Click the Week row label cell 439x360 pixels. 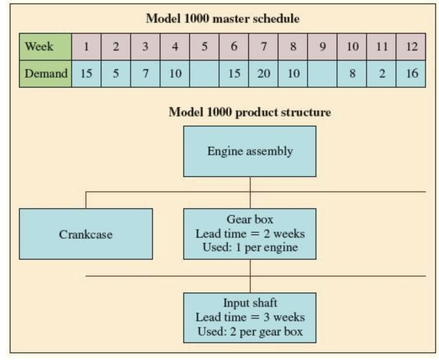tap(45, 46)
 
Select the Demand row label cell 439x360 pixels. tap(46, 73)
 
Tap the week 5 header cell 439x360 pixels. tap(204, 46)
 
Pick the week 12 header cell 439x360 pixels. tap(411, 46)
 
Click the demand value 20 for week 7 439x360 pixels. tap(263, 73)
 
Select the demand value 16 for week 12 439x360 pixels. tap(411, 73)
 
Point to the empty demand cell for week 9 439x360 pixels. tap(322, 73)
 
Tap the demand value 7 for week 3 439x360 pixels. tap(145, 73)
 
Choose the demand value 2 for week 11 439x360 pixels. tap(381, 73)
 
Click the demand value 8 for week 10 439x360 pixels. tap(352, 73)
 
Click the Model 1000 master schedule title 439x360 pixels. tap(222, 19)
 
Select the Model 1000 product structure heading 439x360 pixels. tap(249, 113)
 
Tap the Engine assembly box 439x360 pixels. tap(249, 151)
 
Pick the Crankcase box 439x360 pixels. tap(86, 234)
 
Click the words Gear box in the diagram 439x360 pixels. tap(250, 220)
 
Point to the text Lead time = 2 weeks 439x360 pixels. tap(250, 233)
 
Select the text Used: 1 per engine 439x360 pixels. tap(250, 247)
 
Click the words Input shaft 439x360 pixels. tap(250, 303)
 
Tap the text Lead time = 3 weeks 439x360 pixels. tap(250, 317)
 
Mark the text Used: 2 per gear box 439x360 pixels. tap(250, 331)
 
